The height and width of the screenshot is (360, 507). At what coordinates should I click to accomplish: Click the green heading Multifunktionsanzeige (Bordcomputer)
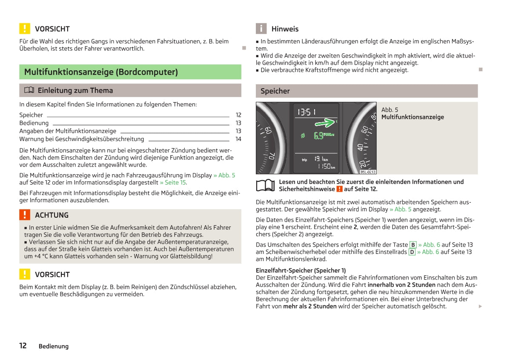coord(101,72)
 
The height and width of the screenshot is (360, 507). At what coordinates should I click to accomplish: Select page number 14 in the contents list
coord(238,139)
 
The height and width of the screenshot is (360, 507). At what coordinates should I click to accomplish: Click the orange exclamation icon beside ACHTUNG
coord(25,215)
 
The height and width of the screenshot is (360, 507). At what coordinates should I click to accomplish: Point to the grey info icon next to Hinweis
coord(261,29)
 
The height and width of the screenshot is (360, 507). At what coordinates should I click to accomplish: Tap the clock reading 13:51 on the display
coord(306,112)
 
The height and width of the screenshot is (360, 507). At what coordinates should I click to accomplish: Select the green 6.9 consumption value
coord(318,135)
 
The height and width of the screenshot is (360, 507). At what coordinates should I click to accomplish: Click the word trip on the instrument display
coord(304,160)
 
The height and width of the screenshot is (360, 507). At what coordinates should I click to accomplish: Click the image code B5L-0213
coord(368,172)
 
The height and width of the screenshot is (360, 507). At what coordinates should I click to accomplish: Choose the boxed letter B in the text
coord(412,245)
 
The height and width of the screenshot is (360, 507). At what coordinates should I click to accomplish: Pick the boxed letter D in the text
coord(412,252)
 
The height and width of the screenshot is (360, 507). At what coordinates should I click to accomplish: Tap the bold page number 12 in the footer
coord(23,346)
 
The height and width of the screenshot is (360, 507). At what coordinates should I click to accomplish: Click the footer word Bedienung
coord(54,346)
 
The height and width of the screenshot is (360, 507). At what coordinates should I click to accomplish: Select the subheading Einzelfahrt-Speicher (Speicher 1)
coord(301,270)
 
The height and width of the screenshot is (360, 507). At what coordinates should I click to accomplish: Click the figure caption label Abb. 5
coord(390,110)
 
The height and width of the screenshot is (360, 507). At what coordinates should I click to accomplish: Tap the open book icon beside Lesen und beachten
coord(265,185)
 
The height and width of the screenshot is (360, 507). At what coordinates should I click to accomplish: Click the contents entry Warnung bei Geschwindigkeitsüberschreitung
coord(82,139)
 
